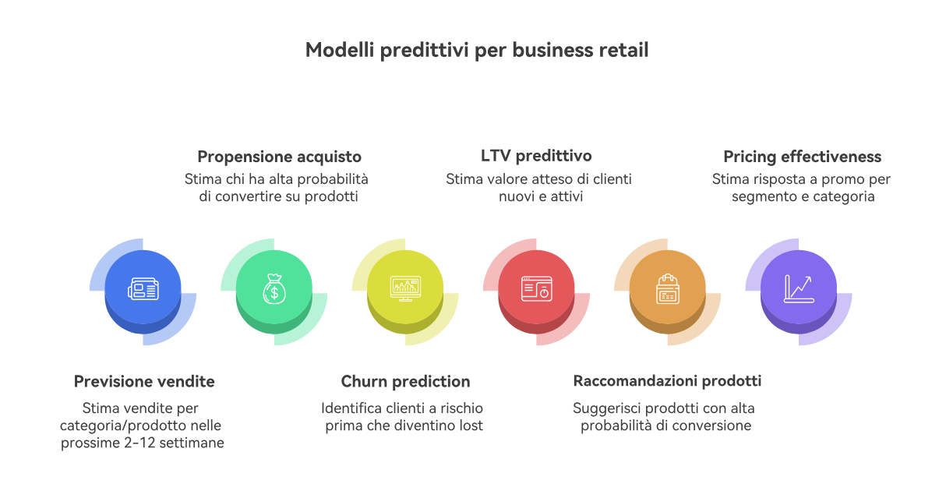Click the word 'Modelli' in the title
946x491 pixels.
point(340,50)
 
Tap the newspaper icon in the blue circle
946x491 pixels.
point(143,289)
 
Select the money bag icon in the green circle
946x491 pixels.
point(274,288)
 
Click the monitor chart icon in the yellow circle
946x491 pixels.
point(405,288)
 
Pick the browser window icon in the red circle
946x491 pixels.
point(537,288)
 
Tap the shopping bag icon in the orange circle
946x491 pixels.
point(668,288)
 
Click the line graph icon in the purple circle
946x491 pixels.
point(799,288)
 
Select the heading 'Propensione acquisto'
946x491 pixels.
point(280,157)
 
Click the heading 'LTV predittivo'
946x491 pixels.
point(536,156)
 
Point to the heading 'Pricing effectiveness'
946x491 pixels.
point(803,157)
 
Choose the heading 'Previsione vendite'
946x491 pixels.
point(144,382)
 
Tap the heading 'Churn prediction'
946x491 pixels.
point(405,382)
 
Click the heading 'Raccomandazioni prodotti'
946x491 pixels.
point(667,381)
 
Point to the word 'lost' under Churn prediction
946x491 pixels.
point(471,426)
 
